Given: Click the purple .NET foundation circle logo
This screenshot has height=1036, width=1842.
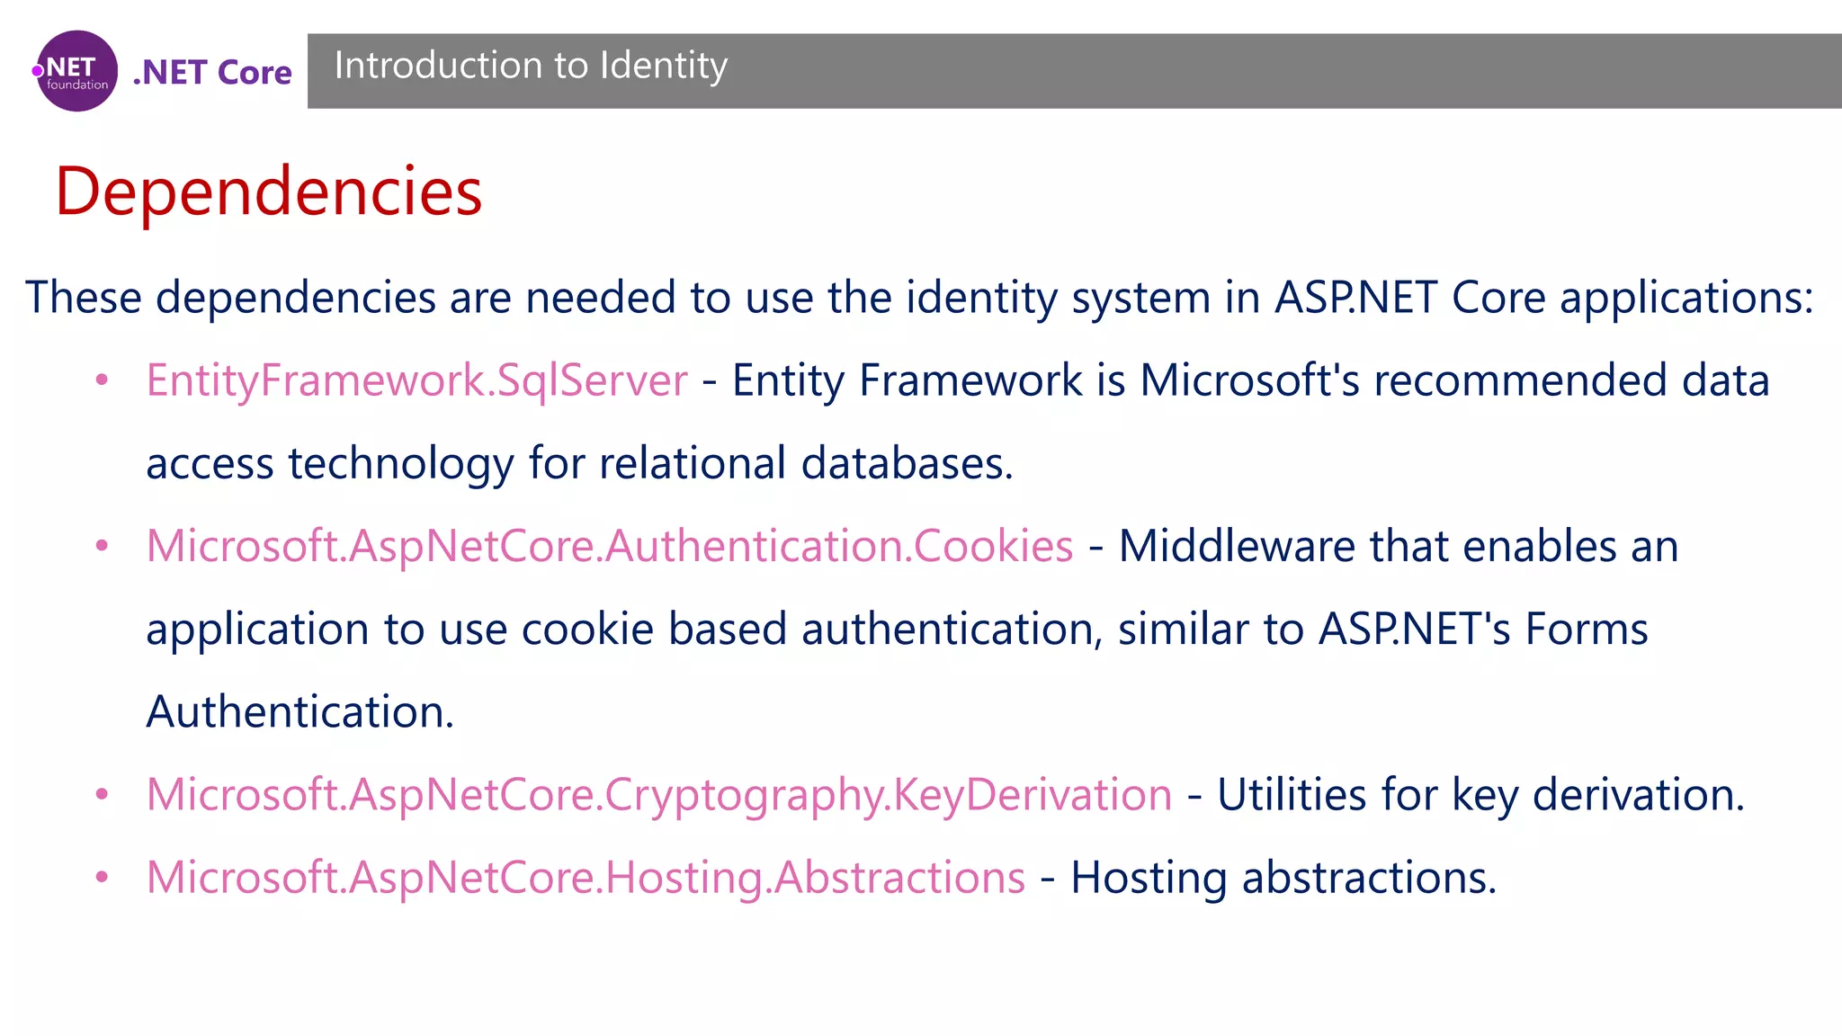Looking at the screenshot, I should click(x=77, y=71).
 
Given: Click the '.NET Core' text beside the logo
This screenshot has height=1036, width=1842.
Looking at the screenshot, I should click(x=212, y=72).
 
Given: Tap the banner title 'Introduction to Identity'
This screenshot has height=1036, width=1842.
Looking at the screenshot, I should click(x=531, y=66).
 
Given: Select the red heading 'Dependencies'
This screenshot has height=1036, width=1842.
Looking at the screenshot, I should click(x=268, y=192).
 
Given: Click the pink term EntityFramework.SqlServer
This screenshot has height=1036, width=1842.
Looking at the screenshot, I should click(x=416, y=380).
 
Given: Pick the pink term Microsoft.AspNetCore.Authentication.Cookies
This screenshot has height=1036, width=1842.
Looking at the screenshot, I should click(x=610, y=546).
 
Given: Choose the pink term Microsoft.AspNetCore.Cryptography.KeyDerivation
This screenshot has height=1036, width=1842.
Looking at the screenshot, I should click(x=659, y=795).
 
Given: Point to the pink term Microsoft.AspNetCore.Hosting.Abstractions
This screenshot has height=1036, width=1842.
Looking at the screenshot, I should click(x=586, y=878).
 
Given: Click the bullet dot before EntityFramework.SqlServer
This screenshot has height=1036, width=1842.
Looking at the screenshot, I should click(x=103, y=380).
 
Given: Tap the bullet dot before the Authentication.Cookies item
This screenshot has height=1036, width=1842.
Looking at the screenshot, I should click(x=103, y=546).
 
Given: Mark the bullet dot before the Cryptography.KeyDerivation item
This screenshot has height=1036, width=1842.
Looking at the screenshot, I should click(x=103, y=795).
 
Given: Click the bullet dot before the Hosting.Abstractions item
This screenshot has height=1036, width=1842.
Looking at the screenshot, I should click(x=103, y=878).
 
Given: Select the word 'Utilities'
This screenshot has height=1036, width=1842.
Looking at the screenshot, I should click(x=1292, y=795).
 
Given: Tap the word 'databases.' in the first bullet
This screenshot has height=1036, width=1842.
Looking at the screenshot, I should click(x=907, y=463).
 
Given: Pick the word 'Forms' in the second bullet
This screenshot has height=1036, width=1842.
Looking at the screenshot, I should click(x=1587, y=629).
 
